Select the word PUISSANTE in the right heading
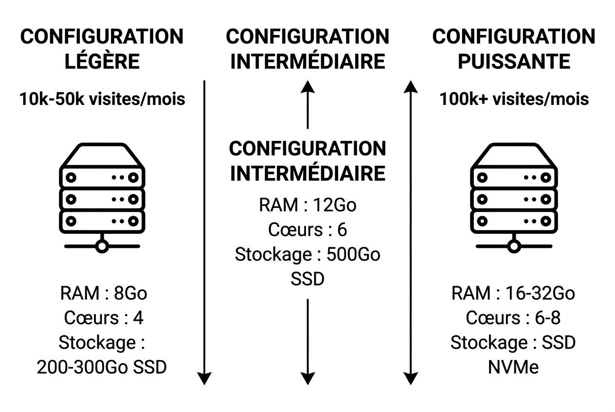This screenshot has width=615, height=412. [x=513, y=62]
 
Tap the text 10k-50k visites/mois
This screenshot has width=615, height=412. [x=102, y=99]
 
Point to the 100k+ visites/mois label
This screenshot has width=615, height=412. [x=514, y=99]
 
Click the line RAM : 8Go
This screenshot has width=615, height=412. [x=103, y=293]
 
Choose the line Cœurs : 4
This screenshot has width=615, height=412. [x=103, y=318]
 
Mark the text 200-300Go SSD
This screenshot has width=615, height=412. [x=102, y=367]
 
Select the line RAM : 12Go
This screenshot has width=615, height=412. [x=307, y=205]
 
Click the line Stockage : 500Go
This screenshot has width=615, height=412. [x=307, y=255]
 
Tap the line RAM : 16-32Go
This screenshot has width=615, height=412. [x=513, y=293]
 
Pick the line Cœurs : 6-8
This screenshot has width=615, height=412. [x=513, y=318]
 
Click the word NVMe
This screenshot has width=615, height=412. [x=513, y=367]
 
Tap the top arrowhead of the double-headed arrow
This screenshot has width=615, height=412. [x=411, y=87]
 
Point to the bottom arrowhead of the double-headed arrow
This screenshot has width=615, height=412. [x=411, y=378]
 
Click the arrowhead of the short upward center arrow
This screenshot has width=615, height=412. [x=307, y=87]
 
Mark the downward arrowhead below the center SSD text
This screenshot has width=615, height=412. [x=307, y=378]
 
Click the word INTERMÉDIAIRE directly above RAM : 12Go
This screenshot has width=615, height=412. [x=307, y=173]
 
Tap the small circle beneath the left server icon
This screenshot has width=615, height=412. [x=102, y=246]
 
